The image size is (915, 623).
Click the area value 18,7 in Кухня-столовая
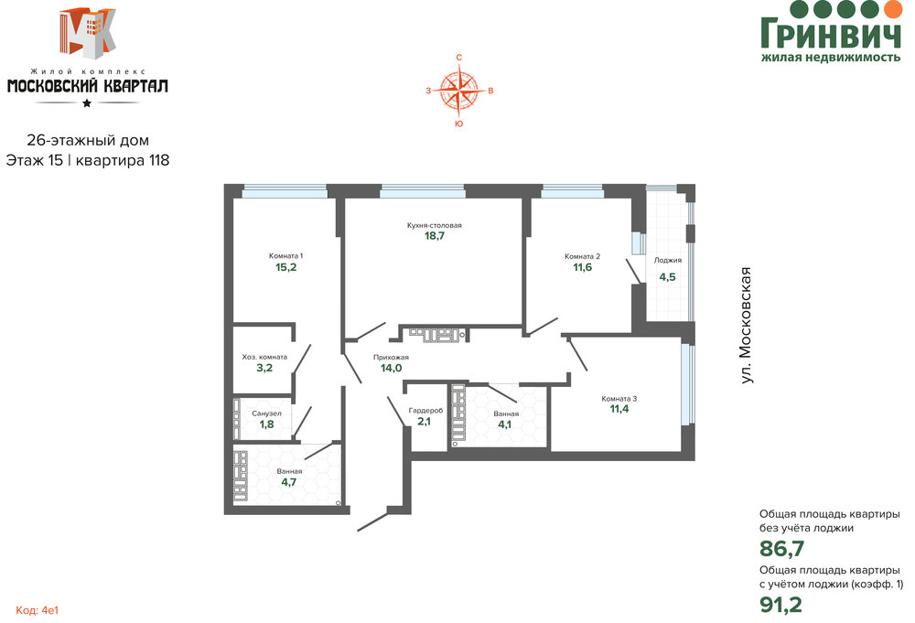click(x=434, y=236)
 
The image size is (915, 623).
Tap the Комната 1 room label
click(x=285, y=255)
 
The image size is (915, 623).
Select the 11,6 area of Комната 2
click(x=582, y=267)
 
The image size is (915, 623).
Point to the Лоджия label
click(x=668, y=260)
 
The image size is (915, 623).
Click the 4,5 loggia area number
click(x=668, y=277)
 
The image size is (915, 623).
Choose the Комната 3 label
click(x=619, y=399)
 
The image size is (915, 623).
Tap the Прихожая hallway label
click(x=391, y=357)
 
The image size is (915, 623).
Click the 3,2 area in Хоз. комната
click(x=264, y=368)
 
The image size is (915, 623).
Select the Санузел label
click(x=266, y=414)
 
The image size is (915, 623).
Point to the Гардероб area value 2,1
click(x=425, y=421)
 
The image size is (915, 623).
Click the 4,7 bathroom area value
click(x=289, y=482)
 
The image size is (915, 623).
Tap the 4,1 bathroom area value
click(x=504, y=424)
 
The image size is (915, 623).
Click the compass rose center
click(x=459, y=91)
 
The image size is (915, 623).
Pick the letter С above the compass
click(x=459, y=57)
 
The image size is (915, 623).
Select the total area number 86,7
click(x=782, y=549)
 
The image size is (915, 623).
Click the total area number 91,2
click(x=780, y=605)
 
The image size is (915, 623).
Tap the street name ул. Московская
click(x=745, y=326)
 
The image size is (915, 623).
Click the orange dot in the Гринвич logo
click(x=893, y=8)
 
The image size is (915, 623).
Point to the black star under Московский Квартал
click(x=87, y=103)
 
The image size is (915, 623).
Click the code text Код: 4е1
click(x=38, y=610)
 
